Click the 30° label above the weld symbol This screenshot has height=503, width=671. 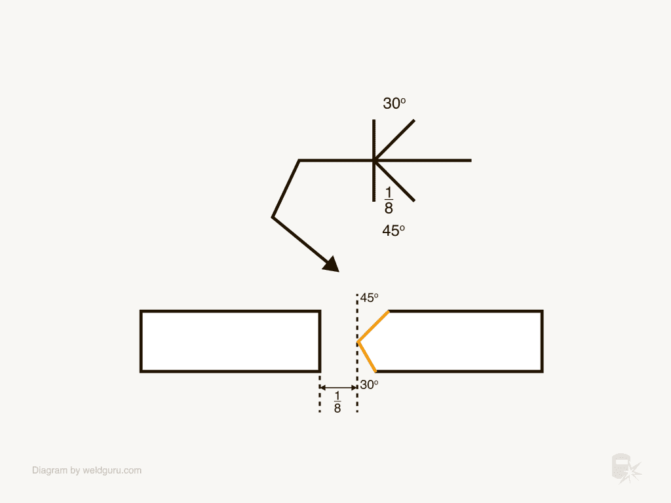394,103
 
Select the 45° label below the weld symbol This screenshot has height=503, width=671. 393,231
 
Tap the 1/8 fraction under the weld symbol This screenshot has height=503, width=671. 389,200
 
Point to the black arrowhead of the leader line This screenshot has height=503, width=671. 331,264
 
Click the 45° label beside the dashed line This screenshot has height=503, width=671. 369,298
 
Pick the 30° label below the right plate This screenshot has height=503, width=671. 369,385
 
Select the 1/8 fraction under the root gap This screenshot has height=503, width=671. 337,402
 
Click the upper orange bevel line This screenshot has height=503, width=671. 374,326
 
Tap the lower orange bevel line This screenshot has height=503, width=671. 367,357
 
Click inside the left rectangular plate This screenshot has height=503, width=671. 230,341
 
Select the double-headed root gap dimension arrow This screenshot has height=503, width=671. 338,388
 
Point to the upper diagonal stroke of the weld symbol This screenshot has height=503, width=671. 395,139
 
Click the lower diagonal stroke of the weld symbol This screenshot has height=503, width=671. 395,181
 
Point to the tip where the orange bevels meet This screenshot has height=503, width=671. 358,342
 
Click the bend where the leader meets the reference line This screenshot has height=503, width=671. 299,160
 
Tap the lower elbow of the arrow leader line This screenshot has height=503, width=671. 273,217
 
